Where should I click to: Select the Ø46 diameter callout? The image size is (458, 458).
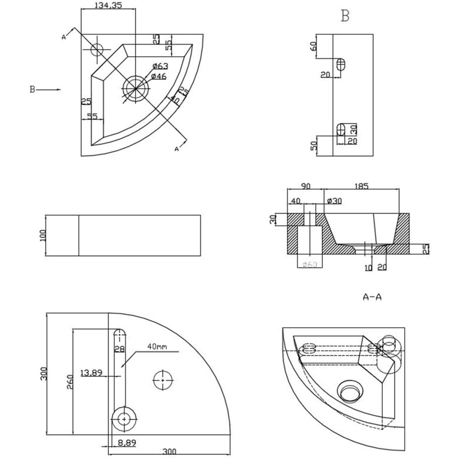158,77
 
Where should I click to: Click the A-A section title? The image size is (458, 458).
372,297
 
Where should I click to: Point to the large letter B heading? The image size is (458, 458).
345,16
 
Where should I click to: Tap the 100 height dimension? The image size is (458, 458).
42,235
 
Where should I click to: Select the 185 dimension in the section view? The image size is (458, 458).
361,186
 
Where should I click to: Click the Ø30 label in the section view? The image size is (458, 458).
334,201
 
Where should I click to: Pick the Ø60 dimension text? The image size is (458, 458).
309,264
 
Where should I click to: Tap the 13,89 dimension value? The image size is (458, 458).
91,373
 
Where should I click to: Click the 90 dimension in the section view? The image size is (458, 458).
306,186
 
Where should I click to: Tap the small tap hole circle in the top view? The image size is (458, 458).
97,50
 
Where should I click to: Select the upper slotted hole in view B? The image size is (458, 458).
341,65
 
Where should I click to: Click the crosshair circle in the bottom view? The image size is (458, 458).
163,380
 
